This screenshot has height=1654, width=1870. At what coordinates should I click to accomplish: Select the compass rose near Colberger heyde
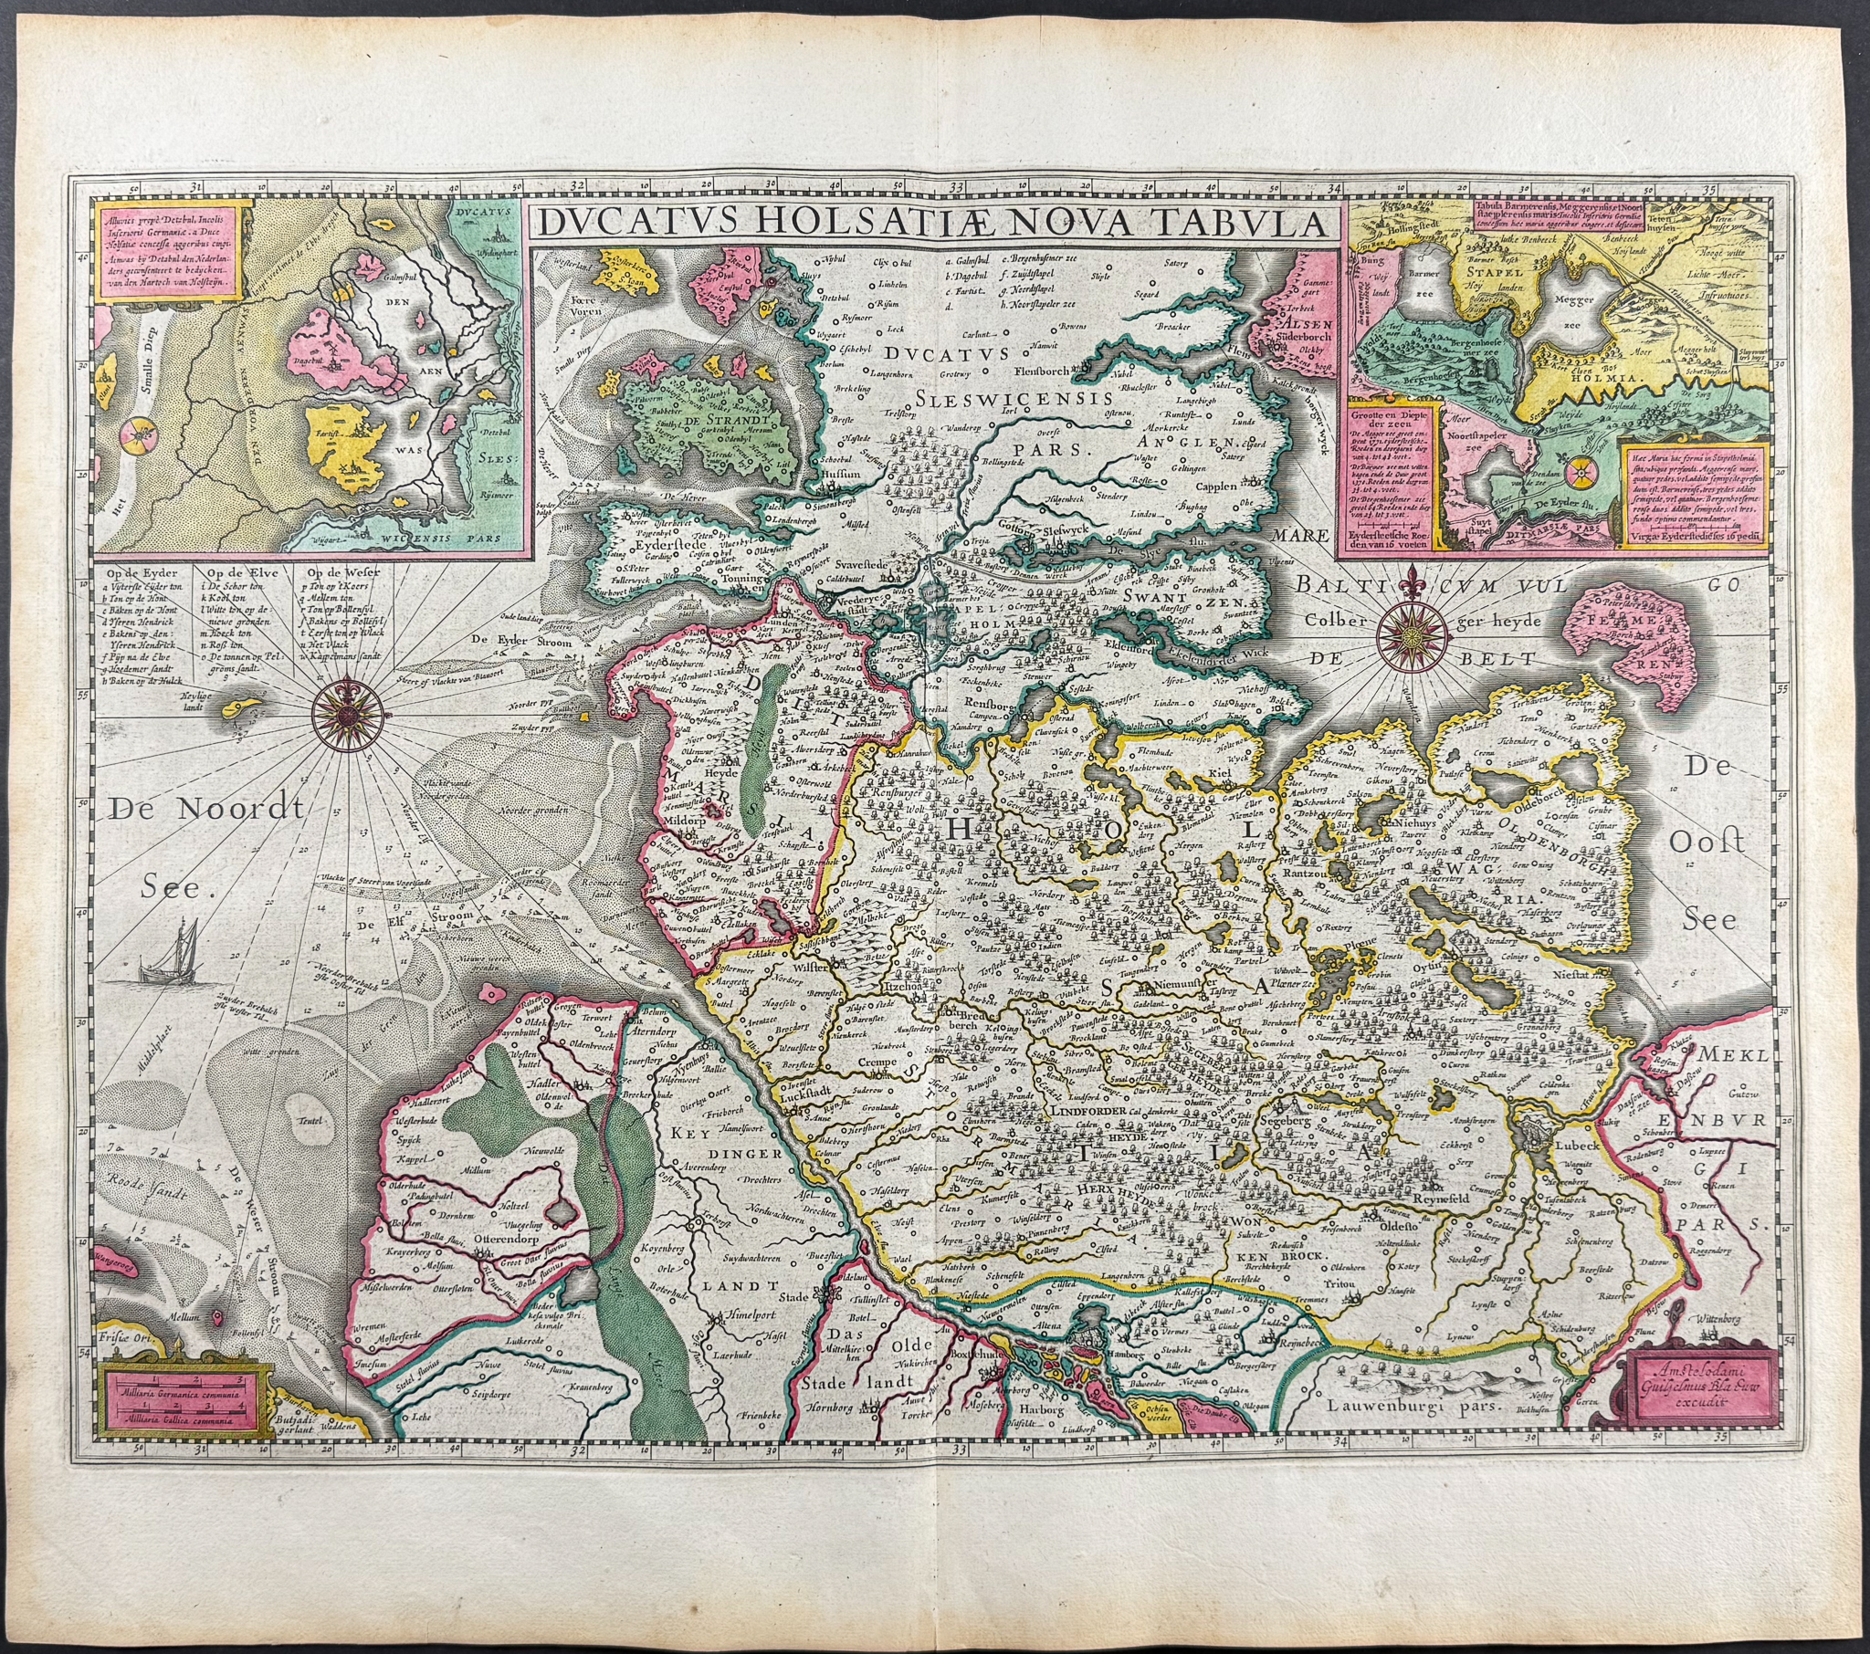pos(1412,631)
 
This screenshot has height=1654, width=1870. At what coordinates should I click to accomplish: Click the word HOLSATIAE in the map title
pos(835,224)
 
